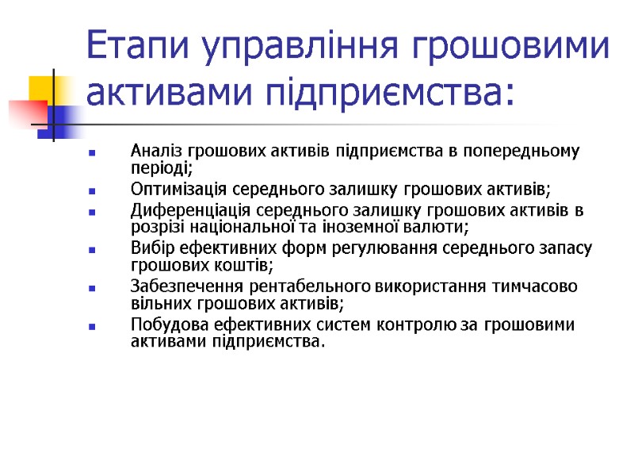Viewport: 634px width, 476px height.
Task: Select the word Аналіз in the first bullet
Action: coord(157,151)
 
